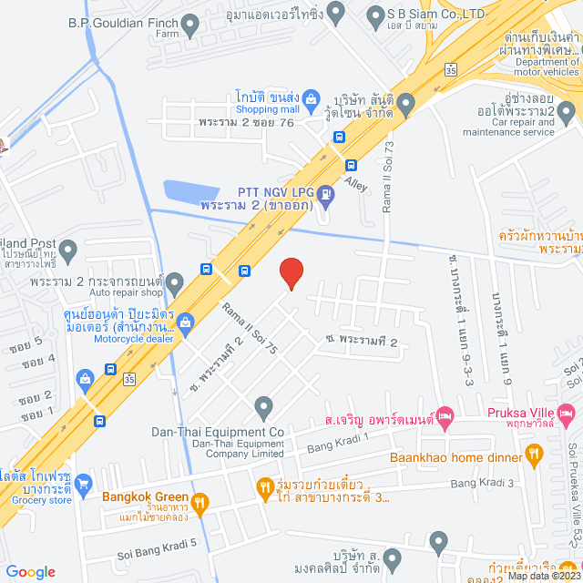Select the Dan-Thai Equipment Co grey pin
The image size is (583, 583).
tap(263, 405)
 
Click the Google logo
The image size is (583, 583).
tap(30, 571)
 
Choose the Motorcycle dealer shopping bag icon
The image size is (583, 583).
tap(186, 321)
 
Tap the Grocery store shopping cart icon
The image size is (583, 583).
tap(84, 482)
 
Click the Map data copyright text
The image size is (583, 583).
tap(543, 575)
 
